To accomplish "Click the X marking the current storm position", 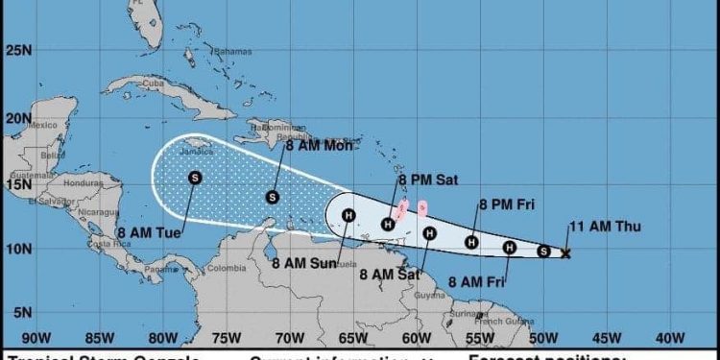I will point(565,253).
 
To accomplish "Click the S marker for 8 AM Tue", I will point(195,177).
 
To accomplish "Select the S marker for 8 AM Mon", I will point(273,198).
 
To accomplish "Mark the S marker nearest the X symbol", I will point(543,252).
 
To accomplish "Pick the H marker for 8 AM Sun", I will point(348,214).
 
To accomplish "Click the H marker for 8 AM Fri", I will point(510,248).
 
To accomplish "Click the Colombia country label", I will point(228,268).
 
